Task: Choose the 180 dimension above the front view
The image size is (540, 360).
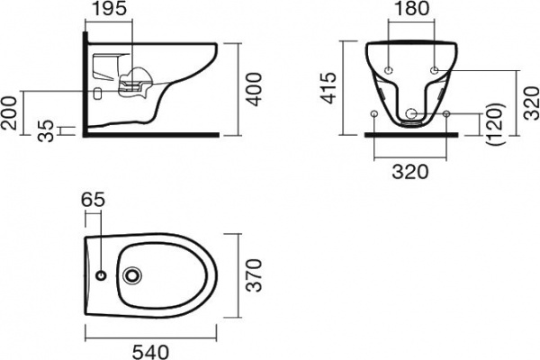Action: [410, 12]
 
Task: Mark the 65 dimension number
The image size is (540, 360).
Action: [93, 201]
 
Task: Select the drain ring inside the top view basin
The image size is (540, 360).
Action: [135, 275]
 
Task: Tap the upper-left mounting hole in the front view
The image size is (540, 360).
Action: [389, 69]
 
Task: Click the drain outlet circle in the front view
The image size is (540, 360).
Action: [412, 113]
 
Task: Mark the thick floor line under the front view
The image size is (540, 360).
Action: [411, 133]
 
